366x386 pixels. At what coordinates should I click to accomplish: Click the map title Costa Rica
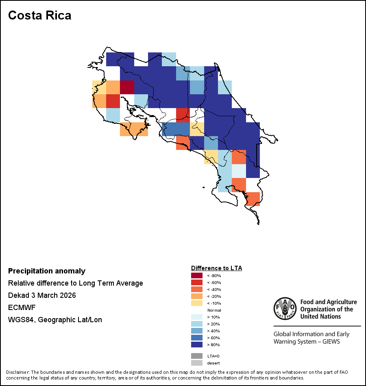(40, 15)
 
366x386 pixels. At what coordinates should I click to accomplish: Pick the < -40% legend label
(214, 289)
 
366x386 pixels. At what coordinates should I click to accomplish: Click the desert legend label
(213, 363)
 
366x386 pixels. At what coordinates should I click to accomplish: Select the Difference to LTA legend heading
(216, 268)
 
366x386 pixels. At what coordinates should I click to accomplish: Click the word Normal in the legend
(214, 310)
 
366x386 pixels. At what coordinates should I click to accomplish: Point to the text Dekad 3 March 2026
(42, 295)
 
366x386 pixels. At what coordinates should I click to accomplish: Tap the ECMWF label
(22, 308)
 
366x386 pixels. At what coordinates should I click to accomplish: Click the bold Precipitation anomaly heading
(47, 271)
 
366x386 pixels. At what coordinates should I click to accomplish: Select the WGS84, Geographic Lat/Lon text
(55, 320)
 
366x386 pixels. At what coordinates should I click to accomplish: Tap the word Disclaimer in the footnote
(17, 372)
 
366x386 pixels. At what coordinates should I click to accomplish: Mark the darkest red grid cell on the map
(127, 87)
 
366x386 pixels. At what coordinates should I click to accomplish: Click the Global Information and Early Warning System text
(311, 338)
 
